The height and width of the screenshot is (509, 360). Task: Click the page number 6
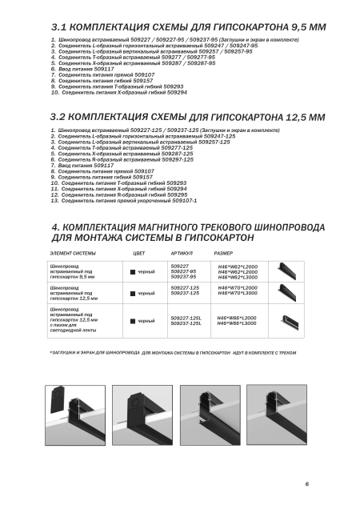[306, 483]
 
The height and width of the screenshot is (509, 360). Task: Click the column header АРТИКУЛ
[182, 253]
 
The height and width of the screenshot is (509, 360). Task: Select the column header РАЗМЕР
[223, 253]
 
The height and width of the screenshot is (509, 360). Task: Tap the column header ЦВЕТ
[139, 253]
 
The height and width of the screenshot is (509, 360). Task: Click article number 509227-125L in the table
[186, 319]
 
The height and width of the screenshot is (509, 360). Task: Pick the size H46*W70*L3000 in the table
[238, 293]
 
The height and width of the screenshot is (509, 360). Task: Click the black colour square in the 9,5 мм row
[133, 272]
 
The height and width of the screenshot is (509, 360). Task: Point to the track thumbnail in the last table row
[290, 322]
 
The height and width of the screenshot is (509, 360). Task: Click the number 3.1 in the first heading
[59, 27]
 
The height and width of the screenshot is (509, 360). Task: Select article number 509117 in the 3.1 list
[104, 69]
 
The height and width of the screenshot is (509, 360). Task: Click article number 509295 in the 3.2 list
[178, 195]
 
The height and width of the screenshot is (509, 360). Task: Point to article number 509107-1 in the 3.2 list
[184, 201]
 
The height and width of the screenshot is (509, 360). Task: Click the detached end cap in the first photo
[58, 400]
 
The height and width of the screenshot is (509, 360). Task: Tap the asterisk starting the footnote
[51, 352]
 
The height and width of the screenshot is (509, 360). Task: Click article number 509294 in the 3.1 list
[178, 93]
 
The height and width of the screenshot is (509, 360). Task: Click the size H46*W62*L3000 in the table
[238, 277]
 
